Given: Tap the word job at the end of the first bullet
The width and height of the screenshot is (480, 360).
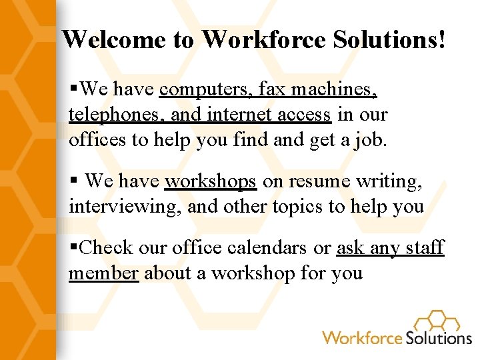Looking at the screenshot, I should (371, 140).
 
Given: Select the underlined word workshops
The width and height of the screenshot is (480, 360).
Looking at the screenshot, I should (210, 181).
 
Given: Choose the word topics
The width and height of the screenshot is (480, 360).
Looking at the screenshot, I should (299, 206).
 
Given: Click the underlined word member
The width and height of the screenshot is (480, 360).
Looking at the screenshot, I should (103, 273).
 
